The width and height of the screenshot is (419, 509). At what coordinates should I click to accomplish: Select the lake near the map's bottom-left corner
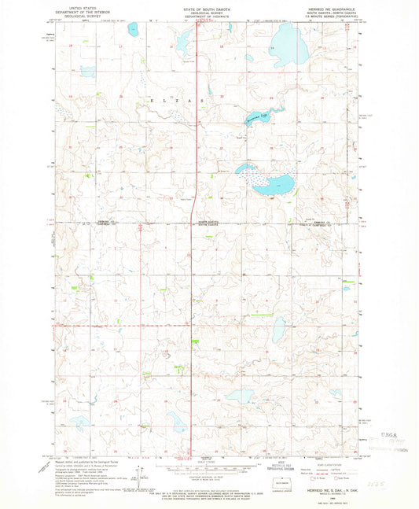[x=82, y=422]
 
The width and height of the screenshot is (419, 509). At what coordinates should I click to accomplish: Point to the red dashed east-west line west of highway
[x=118, y=324]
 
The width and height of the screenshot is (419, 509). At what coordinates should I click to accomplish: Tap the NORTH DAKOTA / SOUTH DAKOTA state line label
[x=209, y=223]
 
